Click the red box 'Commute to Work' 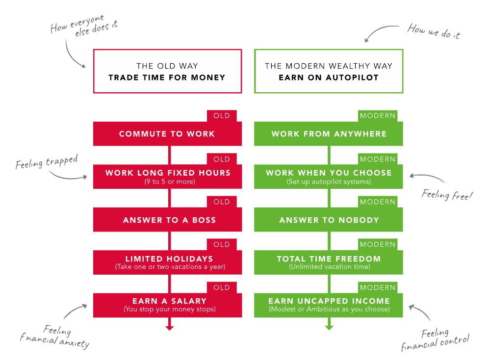click(167, 134)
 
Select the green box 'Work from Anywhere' click(329, 134)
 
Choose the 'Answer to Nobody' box click(329, 220)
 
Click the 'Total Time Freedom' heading click(329, 259)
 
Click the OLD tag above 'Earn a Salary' click(222, 287)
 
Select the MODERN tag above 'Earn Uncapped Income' click(378, 287)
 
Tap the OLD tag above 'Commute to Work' click(222, 116)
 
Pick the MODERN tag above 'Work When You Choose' click(378, 159)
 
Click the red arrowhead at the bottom click(170, 327)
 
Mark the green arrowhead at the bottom click(329, 327)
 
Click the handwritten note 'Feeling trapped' click(47, 162)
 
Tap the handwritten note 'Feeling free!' click(447, 195)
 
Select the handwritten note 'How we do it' click(434, 32)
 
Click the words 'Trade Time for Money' click(167, 77)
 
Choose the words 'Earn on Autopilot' click(328, 77)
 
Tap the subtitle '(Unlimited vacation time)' click(329, 267)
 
